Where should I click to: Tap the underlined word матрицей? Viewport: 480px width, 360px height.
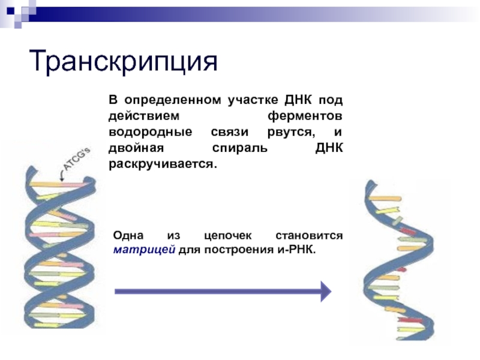144,249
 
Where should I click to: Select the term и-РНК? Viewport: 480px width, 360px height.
294,249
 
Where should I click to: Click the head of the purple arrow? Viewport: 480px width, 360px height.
325,291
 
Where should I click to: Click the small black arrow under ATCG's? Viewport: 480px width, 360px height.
62,176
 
